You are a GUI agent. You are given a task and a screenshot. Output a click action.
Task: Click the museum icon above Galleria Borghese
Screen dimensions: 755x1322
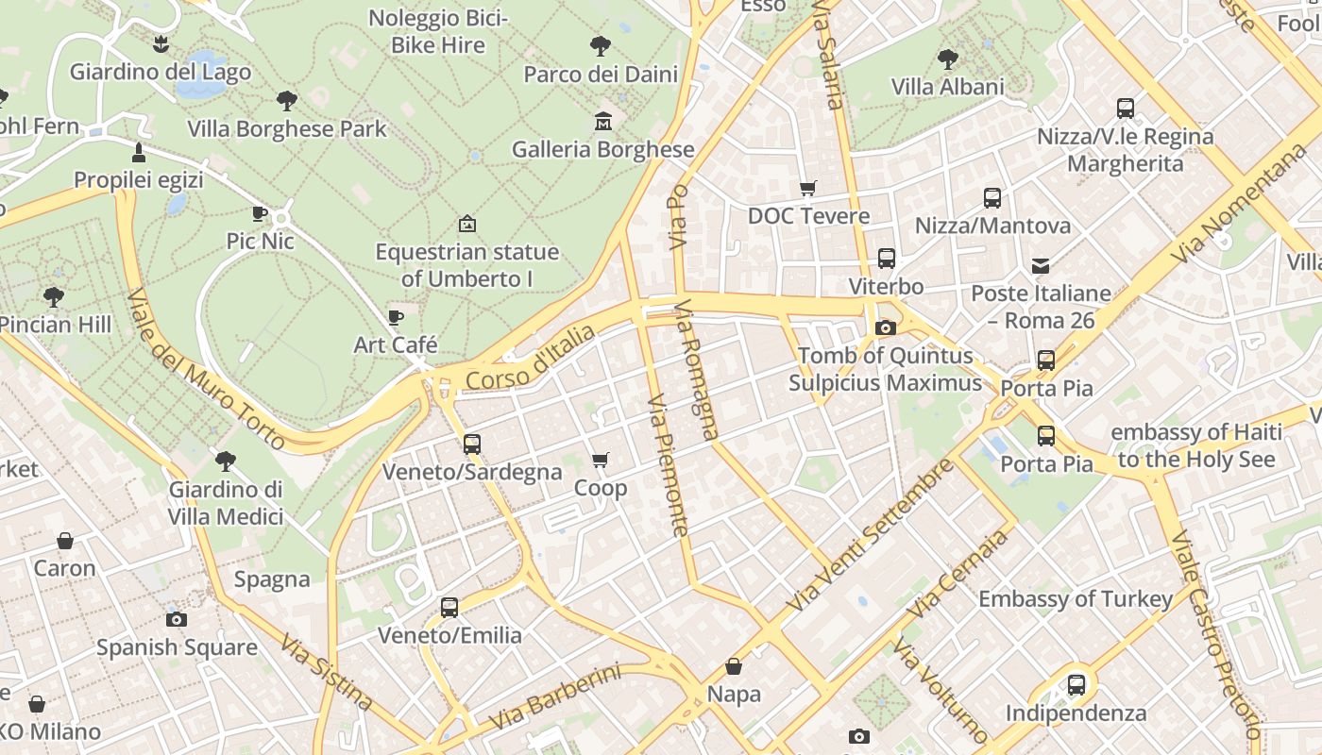coord(602,121)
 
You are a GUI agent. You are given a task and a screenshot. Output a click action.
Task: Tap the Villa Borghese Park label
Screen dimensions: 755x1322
coord(287,128)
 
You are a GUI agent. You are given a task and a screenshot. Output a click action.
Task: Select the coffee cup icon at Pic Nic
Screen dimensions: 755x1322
coord(260,214)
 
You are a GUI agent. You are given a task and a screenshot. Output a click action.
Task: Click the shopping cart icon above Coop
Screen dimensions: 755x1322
coord(600,461)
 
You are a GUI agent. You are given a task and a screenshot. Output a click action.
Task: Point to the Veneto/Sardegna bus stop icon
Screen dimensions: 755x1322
coord(472,444)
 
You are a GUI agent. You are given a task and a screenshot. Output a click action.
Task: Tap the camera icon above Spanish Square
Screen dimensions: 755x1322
coord(177,619)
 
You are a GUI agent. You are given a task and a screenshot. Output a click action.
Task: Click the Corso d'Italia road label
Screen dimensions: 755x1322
coord(532,359)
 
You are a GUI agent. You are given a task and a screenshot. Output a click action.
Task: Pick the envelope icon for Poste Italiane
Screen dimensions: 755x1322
coord(1041,266)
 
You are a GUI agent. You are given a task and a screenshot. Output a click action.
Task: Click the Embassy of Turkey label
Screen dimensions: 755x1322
coord(1076,598)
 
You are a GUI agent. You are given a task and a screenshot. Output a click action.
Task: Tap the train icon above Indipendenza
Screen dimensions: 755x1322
coord(1076,685)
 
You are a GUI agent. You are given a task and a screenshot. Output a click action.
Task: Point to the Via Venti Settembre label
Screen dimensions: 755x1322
coord(870,534)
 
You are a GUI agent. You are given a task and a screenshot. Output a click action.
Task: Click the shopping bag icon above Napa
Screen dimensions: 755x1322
coord(734,667)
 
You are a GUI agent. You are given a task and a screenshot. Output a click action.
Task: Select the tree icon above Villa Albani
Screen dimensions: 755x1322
coord(947,59)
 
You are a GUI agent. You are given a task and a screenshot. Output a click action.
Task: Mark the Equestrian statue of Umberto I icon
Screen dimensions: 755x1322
coord(466,224)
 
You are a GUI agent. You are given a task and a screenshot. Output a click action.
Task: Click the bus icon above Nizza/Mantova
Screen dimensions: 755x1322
coord(992,198)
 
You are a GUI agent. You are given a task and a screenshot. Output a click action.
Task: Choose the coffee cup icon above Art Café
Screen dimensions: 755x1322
coord(396,317)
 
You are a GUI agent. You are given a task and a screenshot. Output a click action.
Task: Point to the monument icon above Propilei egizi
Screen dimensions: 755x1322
coord(139,152)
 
